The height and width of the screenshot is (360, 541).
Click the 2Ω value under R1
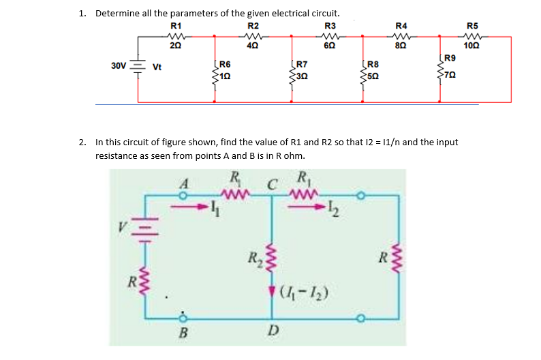coord(175,46)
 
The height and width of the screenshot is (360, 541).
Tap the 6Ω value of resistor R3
coord(330,46)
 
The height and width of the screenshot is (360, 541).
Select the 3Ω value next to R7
coord(303,75)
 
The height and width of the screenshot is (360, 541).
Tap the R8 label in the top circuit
coord(373,63)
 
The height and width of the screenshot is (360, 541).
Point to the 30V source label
coord(118,66)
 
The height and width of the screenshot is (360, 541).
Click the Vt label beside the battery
coord(157,67)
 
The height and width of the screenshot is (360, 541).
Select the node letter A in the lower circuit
coord(182,183)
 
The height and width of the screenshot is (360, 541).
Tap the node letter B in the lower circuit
coord(182,333)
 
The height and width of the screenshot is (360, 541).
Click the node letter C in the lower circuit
coord(271,183)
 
